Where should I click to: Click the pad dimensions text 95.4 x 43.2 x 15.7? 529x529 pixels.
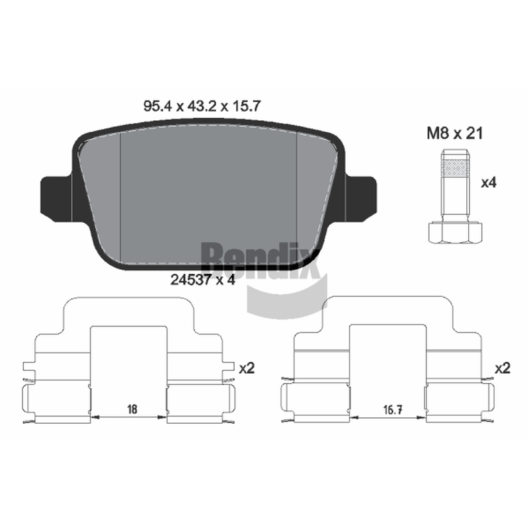tap(202, 106)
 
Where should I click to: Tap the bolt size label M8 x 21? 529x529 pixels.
tap(455, 134)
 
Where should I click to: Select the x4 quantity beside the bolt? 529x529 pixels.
tap(489, 183)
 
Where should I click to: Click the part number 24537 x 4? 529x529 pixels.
tap(202, 280)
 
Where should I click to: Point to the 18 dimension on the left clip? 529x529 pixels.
tap(132, 409)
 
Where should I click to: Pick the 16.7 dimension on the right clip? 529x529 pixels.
tap(392, 410)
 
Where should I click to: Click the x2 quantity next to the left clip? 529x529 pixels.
tap(247, 368)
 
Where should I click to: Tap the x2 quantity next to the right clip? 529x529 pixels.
tap(503, 368)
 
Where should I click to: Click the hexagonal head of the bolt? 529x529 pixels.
tap(456, 232)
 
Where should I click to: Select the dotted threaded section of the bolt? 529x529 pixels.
tap(455, 168)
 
